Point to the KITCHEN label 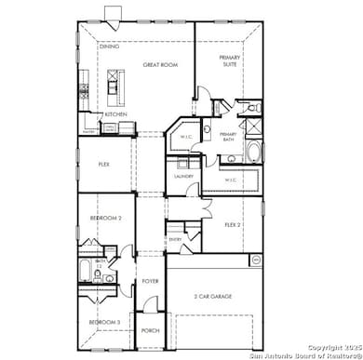[115, 113]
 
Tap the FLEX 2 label [233, 224]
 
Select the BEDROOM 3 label [103, 322]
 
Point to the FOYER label [151, 280]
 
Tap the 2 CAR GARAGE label [213, 296]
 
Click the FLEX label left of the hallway [105, 164]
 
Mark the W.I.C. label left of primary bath [185, 137]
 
